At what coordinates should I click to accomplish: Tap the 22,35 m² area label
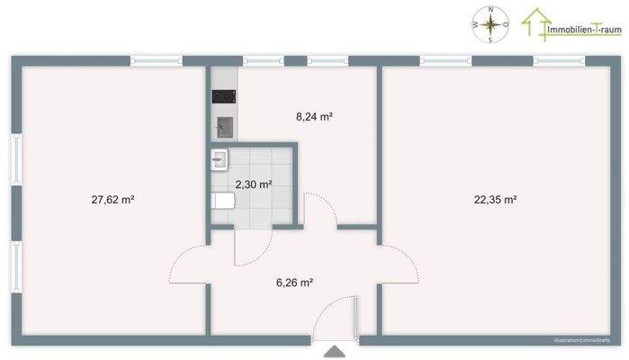click(496, 200)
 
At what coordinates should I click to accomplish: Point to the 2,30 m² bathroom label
click(253, 184)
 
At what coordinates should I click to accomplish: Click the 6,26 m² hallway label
click(294, 283)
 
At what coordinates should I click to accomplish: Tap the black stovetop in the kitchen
click(223, 96)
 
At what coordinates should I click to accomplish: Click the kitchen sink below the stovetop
click(224, 125)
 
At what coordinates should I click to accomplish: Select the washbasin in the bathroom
click(220, 161)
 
